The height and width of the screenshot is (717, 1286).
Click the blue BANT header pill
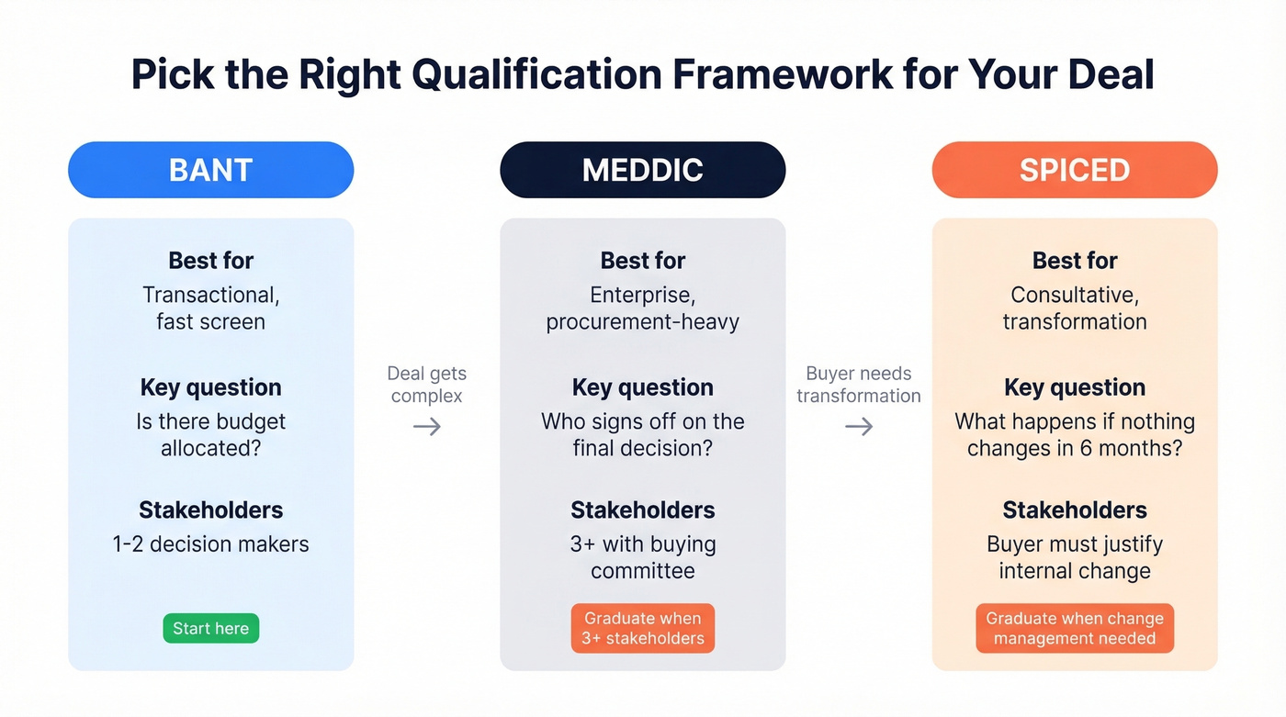210,170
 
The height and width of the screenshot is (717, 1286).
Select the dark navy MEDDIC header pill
642,170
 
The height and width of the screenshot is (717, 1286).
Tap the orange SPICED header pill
1074,170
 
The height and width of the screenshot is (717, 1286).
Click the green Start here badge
210,628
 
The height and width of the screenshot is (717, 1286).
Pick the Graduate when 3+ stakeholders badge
642,628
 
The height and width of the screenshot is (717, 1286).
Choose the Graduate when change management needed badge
1074,628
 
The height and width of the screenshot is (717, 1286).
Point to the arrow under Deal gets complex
426,426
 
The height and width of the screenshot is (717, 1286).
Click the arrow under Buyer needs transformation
859,426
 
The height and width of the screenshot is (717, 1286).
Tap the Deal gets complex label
426,385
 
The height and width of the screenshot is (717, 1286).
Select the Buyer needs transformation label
859,385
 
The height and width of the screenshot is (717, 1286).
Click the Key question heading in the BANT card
210,387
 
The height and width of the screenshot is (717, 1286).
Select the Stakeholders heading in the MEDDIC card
642,510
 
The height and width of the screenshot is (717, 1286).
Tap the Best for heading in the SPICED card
1074,261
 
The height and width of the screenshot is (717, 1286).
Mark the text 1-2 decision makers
210,543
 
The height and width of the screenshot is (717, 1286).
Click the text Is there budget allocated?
210,435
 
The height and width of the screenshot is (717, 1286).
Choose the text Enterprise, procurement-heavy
642,308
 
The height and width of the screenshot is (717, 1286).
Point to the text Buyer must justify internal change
1074,557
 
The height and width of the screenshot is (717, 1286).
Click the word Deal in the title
1109,74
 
